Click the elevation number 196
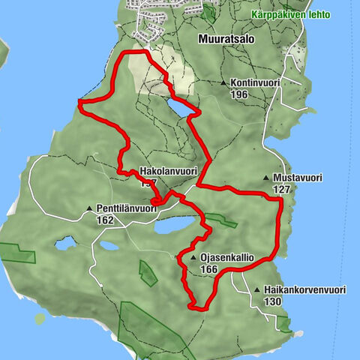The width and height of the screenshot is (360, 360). [239, 94]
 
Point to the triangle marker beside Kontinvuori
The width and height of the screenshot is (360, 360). [223, 83]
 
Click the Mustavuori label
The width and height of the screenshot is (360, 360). [298, 178]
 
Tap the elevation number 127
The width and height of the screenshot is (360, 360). [282, 189]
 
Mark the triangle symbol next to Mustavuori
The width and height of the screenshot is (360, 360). [266, 178]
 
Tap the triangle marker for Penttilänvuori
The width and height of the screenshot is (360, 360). [89, 208]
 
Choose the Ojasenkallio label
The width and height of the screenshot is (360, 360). [227, 258]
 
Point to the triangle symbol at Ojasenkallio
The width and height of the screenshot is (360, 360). [193, 258]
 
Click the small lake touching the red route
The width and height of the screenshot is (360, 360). [179, 109]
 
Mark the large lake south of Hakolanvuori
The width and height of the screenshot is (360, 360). [171, 225]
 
